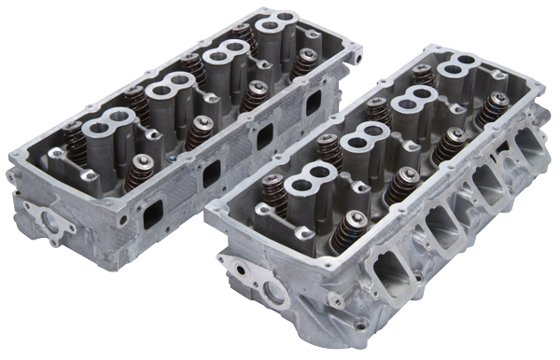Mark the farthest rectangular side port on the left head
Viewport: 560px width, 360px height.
click(x=314, y=104)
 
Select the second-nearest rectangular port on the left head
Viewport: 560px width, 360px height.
click(x=211, y=172)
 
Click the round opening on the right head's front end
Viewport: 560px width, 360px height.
click(x=276, y=294)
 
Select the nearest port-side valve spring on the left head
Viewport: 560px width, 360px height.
click(x=140, y=169)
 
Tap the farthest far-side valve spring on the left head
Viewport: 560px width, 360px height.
click(x=245, y=35)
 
